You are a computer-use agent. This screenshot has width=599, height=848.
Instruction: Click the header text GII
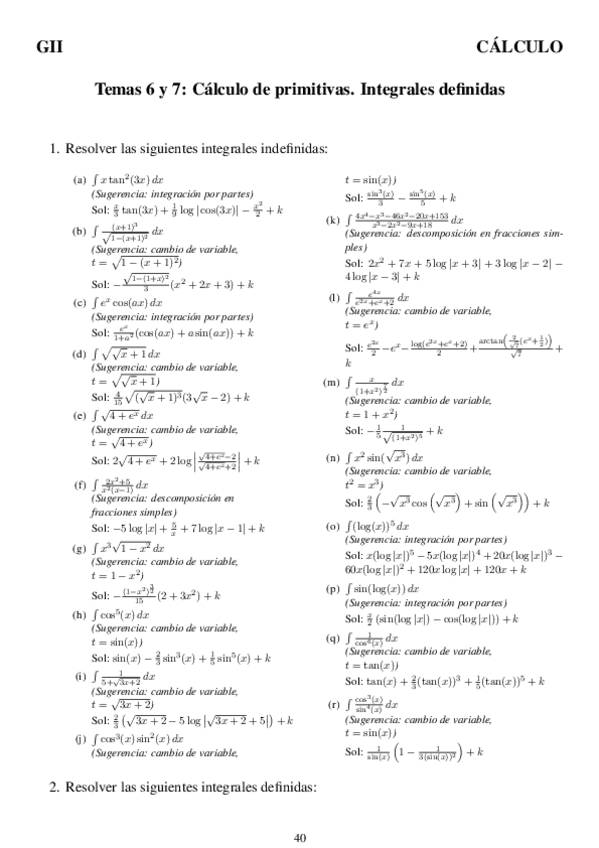pos(50,46)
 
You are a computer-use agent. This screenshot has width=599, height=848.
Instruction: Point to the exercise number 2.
pos(55,787)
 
